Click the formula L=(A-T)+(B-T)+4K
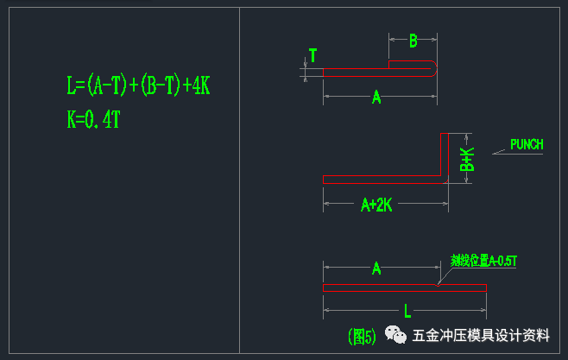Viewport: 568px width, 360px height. coord(139,85)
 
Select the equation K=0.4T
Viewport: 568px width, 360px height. coord(93,119)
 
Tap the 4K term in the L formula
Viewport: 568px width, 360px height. coord(198,85)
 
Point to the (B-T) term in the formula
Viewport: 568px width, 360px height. coord(156,85)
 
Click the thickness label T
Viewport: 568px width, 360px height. coord(312,56)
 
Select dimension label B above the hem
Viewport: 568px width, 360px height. coord(413,41)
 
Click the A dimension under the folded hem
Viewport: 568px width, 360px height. coord(376,98)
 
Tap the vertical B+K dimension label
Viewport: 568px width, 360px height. coord(467,159)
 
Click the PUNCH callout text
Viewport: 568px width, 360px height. coord(527,144)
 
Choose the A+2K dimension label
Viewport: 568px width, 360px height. coord(376,205)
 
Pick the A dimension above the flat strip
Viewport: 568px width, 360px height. coord(376,268)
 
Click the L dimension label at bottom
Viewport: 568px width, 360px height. coord(407,311)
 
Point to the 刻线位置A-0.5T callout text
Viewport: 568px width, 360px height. coord(483,260)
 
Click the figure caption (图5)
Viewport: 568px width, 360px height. coord(362,336)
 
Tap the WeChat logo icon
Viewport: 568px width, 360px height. coord(396,335)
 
